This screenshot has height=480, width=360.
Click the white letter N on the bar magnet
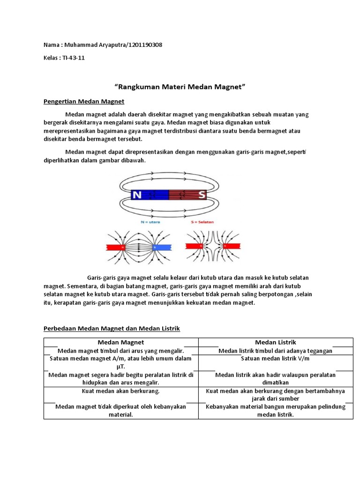[137, 195]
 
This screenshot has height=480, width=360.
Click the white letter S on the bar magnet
[202, 195]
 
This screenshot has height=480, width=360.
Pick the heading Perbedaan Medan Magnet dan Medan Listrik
[112, 329]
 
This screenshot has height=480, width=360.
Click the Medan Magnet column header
[121, 342]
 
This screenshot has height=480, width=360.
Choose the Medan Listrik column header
[276, 342]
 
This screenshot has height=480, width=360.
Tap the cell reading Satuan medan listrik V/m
[275, 359]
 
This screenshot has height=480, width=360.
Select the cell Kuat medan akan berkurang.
[121, 390]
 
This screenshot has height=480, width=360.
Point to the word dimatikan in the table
[276, 382]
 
